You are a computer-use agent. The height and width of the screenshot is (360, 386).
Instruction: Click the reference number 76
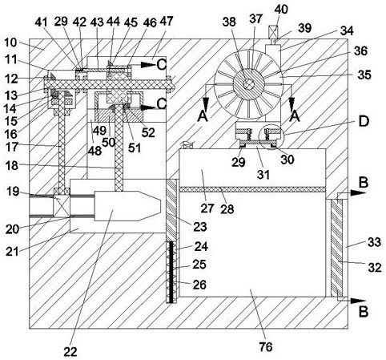(266, 347)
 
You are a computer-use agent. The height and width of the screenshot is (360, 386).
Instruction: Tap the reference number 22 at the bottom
(70, 352)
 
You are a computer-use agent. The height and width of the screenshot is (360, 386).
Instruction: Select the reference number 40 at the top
(281, 10)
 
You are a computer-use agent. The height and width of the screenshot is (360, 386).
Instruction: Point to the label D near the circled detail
(363, 121)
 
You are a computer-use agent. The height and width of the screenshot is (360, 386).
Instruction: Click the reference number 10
(10, 42)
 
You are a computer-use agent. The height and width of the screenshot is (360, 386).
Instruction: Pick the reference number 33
(374, 242)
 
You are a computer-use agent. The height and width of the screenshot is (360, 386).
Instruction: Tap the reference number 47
(167, 21)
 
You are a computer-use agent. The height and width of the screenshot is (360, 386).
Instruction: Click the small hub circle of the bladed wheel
(249, 84)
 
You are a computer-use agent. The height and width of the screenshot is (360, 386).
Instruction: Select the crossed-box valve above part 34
(275, 31)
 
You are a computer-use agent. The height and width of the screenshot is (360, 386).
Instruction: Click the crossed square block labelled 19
(62, 205)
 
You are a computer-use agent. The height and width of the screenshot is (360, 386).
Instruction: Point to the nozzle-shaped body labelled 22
(128, 206)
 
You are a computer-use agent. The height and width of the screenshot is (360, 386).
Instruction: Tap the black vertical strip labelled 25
(171, 272)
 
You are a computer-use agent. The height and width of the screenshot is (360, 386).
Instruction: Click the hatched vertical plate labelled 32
(336, 249)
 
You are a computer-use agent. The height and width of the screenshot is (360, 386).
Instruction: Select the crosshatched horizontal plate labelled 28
(252, 189)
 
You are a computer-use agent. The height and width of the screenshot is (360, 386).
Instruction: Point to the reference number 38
(229, 22)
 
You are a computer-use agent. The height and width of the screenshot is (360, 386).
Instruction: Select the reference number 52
(148, 132)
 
